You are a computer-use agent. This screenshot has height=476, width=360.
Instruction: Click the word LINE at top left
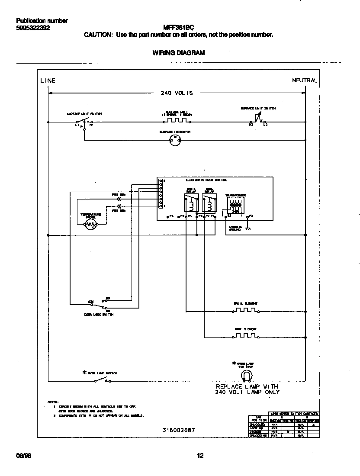tap(48, 80)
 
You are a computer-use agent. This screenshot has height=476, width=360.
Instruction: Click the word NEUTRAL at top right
tap(305, 80)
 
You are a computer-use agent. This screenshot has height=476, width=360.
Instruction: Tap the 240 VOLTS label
tap(177, 93)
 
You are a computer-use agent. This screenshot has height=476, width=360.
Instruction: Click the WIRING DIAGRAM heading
tap(179, 53)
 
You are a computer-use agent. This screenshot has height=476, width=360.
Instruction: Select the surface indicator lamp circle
tap(175, 139)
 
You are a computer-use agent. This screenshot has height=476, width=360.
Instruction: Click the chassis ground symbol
tap(248, 228)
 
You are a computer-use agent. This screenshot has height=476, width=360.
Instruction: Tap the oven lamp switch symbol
tap(102, 380)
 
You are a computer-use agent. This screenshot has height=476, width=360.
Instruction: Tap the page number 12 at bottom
tap(200, 455)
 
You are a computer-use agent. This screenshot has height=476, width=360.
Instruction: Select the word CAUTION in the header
tap(98, 35)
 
